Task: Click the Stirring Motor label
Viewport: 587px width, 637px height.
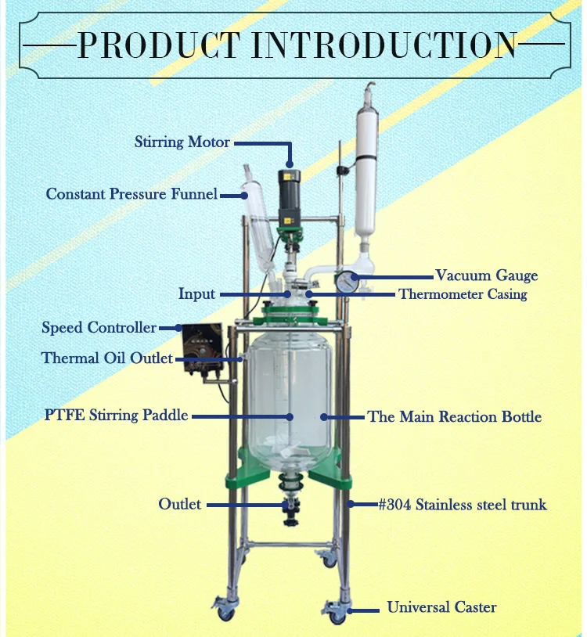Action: (182, 142)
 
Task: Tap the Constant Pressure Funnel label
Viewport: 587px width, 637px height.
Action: (131, 193)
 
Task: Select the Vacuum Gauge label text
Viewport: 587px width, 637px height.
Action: (486, 275)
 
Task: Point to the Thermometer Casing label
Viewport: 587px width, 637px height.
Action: (463, 294)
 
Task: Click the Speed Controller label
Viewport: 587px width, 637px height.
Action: (99, 327)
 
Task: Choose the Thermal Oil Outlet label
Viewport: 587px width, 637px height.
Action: (107, 358)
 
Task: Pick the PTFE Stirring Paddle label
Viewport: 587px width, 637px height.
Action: (116, 415)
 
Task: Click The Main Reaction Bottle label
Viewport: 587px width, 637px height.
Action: (454, 416)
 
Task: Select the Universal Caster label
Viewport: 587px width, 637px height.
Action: (441, 607)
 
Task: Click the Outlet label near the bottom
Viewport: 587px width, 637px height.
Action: (179, 504)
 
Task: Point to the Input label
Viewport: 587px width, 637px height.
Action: (196, 294)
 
